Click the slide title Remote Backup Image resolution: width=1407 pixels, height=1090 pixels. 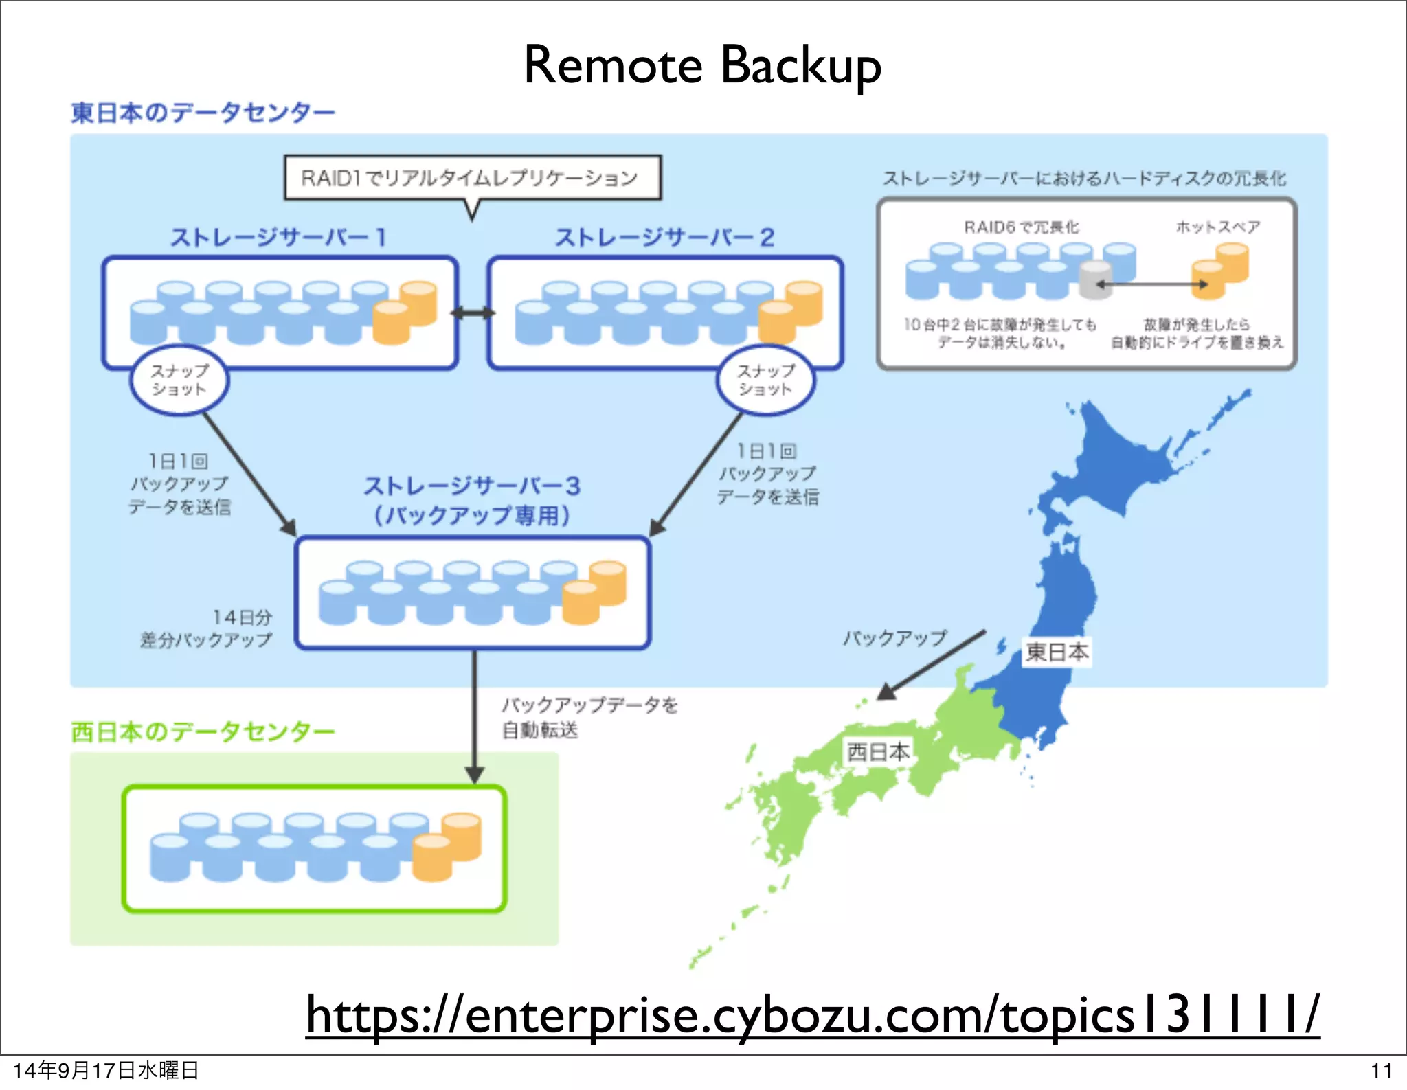702,65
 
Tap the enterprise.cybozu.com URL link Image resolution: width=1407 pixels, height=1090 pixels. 812,1015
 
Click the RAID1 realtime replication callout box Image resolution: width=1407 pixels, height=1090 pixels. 473,178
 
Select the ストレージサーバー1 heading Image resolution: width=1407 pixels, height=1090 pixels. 278,238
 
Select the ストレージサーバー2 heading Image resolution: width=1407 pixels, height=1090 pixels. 664,238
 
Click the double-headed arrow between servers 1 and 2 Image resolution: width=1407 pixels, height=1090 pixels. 473,313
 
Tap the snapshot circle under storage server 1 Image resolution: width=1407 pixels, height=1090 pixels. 179,380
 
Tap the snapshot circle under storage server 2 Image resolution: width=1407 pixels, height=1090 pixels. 765,380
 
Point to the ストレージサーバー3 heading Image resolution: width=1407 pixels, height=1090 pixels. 472,487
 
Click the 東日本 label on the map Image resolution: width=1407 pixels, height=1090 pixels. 1057,652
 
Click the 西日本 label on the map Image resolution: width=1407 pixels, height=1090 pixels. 877,751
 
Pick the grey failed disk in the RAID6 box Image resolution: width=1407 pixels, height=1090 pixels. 1095,280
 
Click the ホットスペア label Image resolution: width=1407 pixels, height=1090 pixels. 1217,227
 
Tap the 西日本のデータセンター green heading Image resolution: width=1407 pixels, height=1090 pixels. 203,731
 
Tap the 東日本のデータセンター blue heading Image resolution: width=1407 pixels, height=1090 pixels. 203,113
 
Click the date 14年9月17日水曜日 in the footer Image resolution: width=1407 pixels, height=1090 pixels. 106,1070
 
